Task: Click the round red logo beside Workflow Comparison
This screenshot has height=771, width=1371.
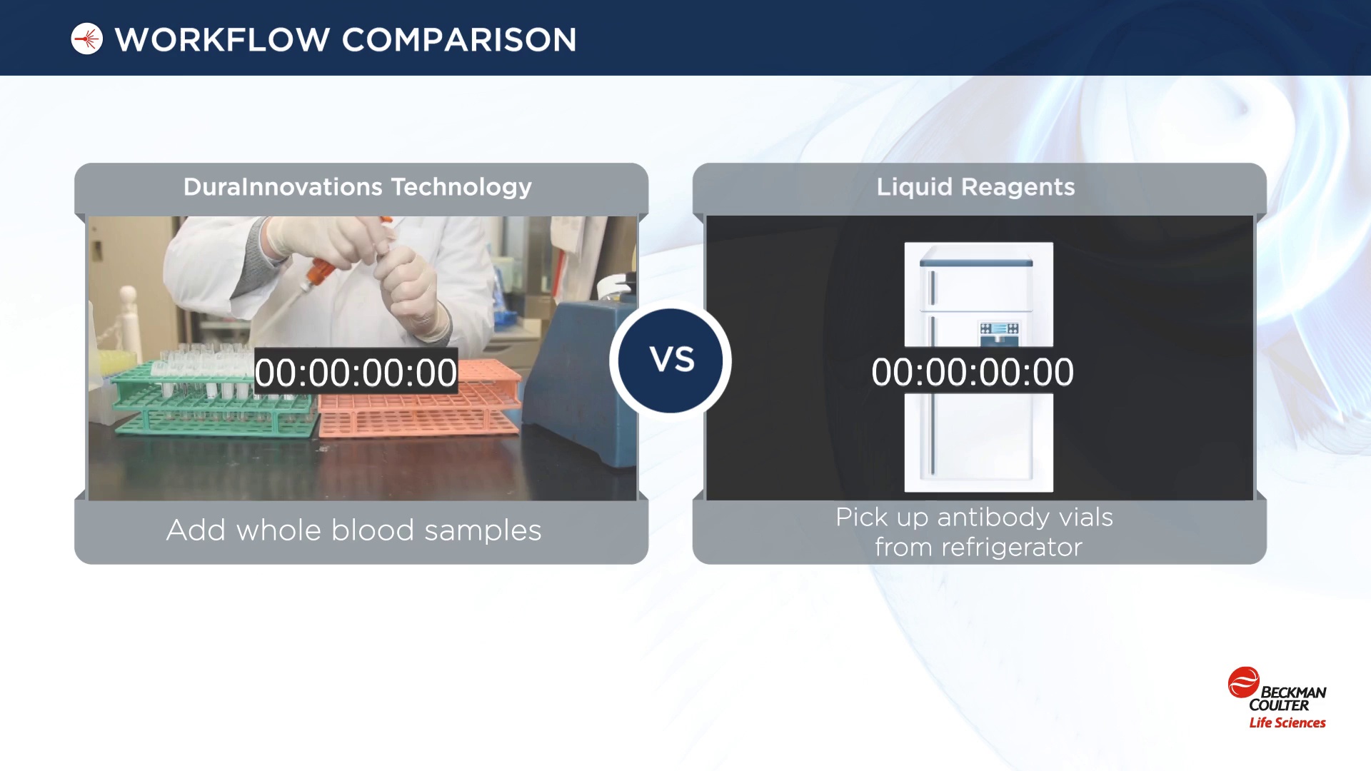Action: coord(87,39)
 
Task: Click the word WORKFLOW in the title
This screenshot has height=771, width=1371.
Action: coord(222,40)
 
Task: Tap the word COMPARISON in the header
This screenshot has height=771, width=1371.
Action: coord(459,40)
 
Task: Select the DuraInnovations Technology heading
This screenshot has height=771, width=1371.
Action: coord(358,187)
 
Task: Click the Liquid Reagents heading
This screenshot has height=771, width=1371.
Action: coord(975,187)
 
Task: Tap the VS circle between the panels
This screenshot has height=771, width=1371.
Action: coord(671,361)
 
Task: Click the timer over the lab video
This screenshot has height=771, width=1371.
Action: coord(356,372)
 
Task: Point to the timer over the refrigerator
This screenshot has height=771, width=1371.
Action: coord(973,372)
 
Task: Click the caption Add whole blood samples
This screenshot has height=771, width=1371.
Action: coord(354,530)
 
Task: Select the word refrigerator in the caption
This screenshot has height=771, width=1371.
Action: coord(1012,548)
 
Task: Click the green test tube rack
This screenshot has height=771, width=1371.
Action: coord(207,400)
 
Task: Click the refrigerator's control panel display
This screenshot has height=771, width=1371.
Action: coord(998,329)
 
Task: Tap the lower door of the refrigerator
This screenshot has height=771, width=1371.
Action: coord(979,443)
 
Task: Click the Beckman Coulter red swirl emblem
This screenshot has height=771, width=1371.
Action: coord(1243,682)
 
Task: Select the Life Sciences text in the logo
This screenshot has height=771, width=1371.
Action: coord(1287,722)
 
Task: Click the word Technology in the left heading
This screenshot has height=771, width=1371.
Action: coord(461,187)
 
